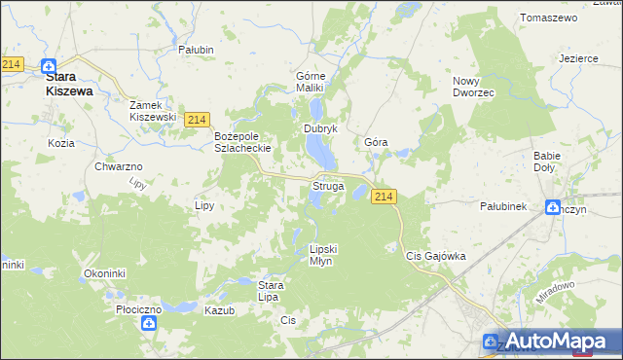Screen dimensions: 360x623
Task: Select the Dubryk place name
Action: click(320, 128)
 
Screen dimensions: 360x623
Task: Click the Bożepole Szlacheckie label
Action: click(242, 143)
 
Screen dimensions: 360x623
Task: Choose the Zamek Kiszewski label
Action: click(153, 110)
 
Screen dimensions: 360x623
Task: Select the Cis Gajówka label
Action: click(435, 256)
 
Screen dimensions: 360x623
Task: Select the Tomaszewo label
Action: click(550, 18)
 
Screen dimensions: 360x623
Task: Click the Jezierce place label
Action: click(578, 58)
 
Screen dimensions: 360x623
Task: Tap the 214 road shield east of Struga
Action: click(384, 197)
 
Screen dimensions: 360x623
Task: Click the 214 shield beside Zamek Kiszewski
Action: click(198, 119)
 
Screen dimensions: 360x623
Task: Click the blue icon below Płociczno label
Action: click(149, 324)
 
